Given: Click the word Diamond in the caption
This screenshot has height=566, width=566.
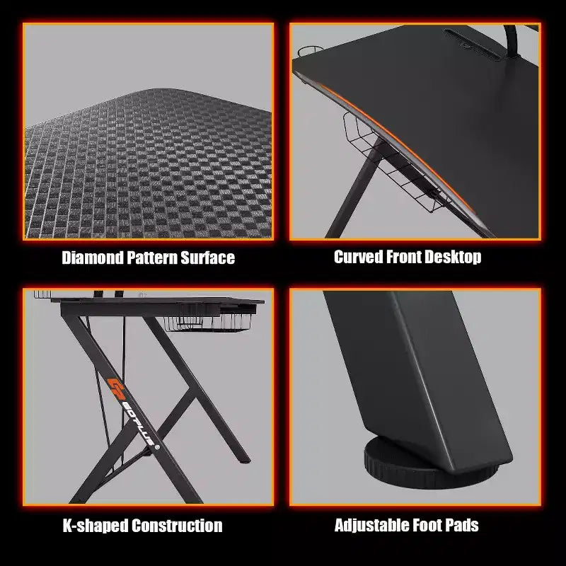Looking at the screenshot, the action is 93,258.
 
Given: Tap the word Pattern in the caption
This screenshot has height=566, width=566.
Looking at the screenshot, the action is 152,258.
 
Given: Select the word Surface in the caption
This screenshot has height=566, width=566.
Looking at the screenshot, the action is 207,258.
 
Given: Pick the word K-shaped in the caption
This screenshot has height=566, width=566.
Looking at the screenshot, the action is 96,526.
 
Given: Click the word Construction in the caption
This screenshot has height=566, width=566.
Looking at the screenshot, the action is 177,526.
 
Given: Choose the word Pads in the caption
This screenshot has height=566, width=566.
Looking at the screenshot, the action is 462,525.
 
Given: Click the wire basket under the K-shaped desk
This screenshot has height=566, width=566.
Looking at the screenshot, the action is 207,323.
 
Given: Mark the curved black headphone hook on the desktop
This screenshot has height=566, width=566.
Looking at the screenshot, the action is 510,42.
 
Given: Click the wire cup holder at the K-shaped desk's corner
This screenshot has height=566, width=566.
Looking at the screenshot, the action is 42,294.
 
